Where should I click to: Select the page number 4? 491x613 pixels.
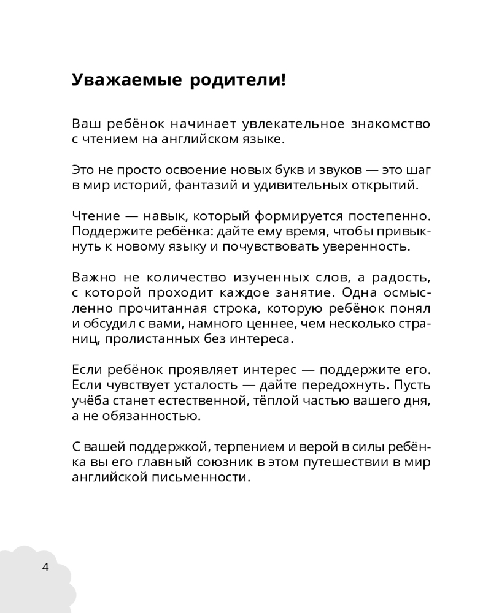click(45, 566)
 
